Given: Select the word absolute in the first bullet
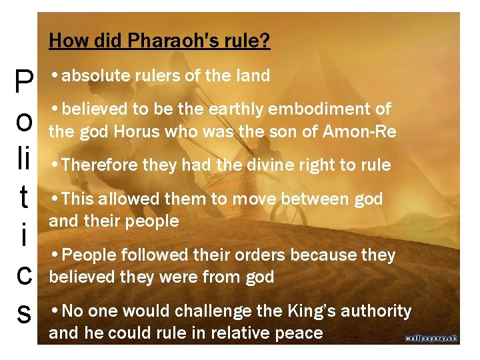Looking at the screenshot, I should click(x=92, y=76).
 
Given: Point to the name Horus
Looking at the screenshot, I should click(x=138, y=132).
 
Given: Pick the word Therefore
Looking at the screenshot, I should click(x=101, y=165).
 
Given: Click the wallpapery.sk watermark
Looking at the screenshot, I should click(x=431, y=338).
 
